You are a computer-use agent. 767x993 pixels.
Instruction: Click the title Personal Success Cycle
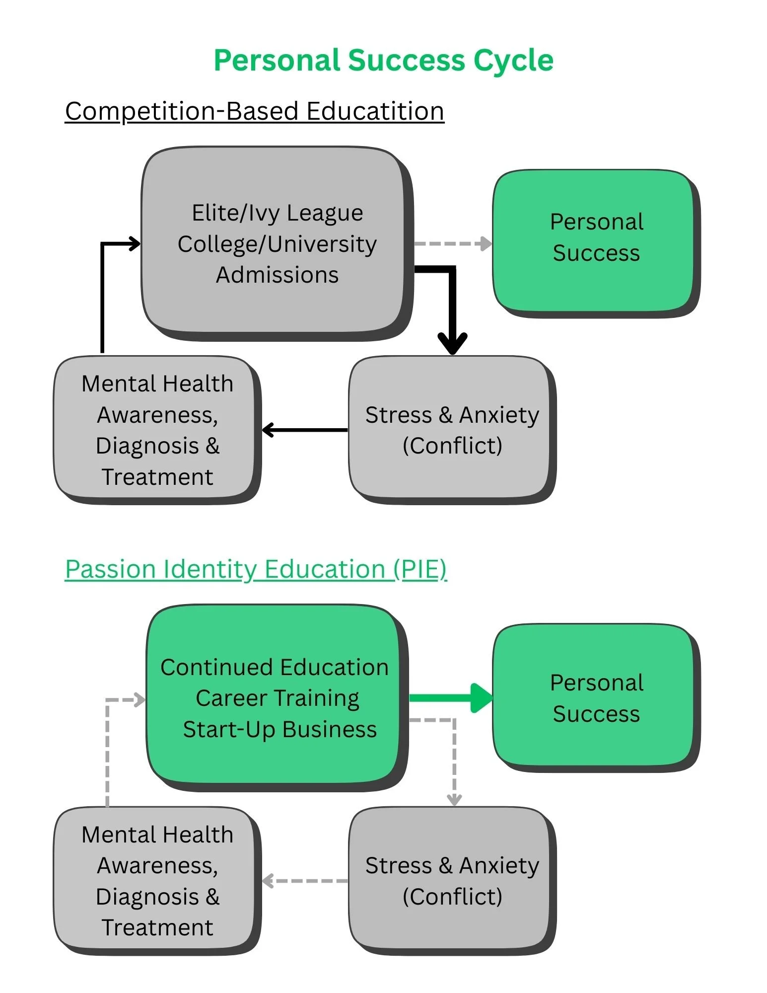coord(383,61)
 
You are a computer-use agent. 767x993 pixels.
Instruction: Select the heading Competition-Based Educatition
coord(254,111)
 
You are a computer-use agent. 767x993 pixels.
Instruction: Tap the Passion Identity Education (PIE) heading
coord(256,569)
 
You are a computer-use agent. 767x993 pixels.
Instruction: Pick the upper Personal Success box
coord(596,242)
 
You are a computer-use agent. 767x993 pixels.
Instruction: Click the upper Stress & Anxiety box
coord(452,429)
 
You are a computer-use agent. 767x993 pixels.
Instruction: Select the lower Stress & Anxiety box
coord(452,880)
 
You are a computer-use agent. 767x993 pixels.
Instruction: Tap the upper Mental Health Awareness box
coord(157,429)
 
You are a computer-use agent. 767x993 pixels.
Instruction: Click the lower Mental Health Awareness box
coord(157,880)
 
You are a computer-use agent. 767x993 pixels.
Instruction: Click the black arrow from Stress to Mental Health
coord(305,430)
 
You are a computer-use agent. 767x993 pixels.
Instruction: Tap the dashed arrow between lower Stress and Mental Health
coord(305,881)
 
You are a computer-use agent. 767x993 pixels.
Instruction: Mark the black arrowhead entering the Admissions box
coord(134,243)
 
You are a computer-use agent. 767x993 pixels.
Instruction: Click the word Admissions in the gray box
coord(277,275)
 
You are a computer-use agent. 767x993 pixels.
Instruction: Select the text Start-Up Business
coord(279,729)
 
